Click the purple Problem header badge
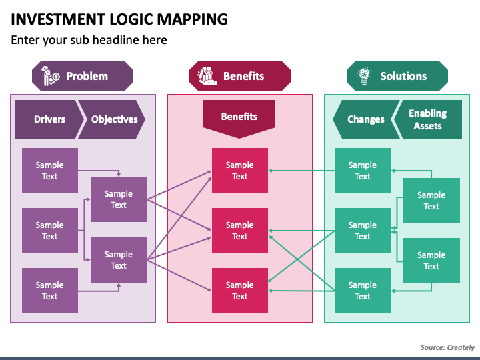(x=83, y=76)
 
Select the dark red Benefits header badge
(x=240, y=76)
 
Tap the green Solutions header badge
(x=397, y=76)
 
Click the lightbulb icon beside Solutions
(x=364, y=76)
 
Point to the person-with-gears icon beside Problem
(x=50, y=76)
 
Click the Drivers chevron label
(x=49, y=119)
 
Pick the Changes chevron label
(x=366, y=119)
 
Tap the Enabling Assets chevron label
(x=428, y=119)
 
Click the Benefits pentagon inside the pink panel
(x=239, y=119)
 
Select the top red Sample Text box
(x=240, y=171)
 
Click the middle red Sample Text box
(x=240, y=231)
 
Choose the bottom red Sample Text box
(x=240, y=291)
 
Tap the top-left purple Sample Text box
(x=49, y=171)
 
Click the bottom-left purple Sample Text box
(x=49, y=291)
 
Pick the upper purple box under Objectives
(x=119, y=199)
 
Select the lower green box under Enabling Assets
(x=431, y=261)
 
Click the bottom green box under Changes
(x=363, y=291)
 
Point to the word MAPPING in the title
(x=192, y=19)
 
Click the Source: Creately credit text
(x=447, y=347)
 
